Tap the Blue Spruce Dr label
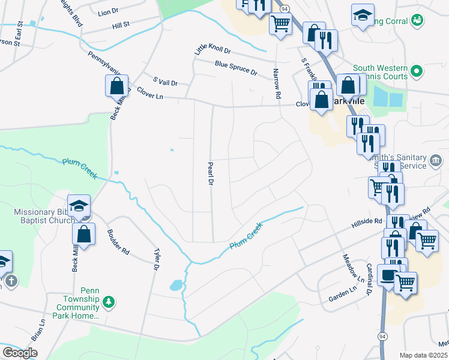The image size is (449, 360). click(236, 68)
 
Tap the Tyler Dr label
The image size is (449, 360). click(157, 259)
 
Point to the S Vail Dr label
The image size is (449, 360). click(165, 81)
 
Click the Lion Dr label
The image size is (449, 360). click(107, 12)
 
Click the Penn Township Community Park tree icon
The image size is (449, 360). click(109, 301)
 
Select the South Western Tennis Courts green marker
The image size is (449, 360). click(417, 72)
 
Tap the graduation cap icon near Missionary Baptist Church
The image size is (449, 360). click(79, 206)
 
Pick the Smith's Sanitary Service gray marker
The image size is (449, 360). click(436, 160)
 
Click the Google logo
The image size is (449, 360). click(20, 353)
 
